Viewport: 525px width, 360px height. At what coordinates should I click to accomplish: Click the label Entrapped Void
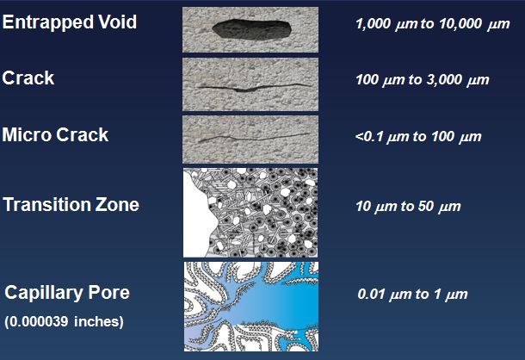[x=70, y=22]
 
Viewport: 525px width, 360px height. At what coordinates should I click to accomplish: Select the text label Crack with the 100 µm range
[x=28, y=78]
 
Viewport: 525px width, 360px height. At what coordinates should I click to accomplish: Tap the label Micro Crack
[x=55, y=134]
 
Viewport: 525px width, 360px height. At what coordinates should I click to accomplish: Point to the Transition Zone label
[x=71, y=204]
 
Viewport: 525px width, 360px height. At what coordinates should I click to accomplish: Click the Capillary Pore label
[x=67, y=293]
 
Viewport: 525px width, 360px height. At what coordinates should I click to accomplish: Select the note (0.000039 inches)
[x=65, y=321]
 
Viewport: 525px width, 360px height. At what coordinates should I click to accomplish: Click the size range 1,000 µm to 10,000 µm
[x=433, y=24]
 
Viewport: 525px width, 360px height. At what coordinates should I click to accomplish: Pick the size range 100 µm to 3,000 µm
[x=423, y=80]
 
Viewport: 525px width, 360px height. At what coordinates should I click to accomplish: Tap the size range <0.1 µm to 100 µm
[x=418, y=136]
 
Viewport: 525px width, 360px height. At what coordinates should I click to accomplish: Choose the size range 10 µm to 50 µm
[x=408, y=207]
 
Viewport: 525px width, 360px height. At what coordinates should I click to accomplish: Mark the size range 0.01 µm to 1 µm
[x=412, y=295]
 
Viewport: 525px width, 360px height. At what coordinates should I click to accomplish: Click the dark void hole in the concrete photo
[x=251, y=29]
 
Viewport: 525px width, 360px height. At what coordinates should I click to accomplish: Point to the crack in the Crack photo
[x=255, y=88]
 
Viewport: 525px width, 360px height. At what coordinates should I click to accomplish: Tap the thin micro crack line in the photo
[x=253, y=138]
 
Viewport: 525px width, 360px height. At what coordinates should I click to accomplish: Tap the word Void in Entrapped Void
[x=118, y=22]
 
